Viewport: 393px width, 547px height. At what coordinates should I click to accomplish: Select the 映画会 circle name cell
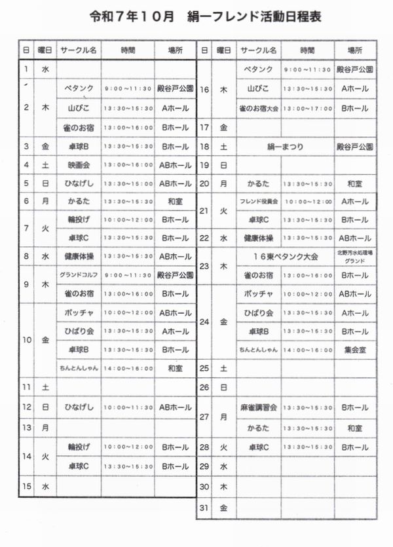[x=79, y=165]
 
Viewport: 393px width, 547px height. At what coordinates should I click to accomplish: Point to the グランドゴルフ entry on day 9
[x=79, y=274]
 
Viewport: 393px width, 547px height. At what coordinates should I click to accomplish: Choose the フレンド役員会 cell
[x=259, y=201]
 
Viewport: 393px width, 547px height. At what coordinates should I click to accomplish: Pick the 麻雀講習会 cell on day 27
[x=259, y=407]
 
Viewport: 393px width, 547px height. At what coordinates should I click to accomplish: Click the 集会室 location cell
[x=355, y=350]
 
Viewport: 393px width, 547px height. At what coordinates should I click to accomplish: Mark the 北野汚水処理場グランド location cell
[x=355, y=256]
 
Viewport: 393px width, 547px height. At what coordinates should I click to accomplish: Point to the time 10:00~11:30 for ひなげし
[x=128, y=407]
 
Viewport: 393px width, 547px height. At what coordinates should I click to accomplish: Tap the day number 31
[x=204, y=508]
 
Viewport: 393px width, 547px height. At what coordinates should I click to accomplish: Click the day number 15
[x=27, y=486]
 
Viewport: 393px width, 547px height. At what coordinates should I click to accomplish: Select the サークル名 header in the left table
[x=79, y=50]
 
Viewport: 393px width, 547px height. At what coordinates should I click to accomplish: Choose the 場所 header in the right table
[x=355, y=50]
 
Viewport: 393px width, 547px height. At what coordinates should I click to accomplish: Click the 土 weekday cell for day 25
[x=223, y=369]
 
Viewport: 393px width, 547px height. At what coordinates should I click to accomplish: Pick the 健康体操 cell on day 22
[x=259, y=238]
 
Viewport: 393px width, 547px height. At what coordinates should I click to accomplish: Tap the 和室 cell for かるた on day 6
[x=175, y=202]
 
